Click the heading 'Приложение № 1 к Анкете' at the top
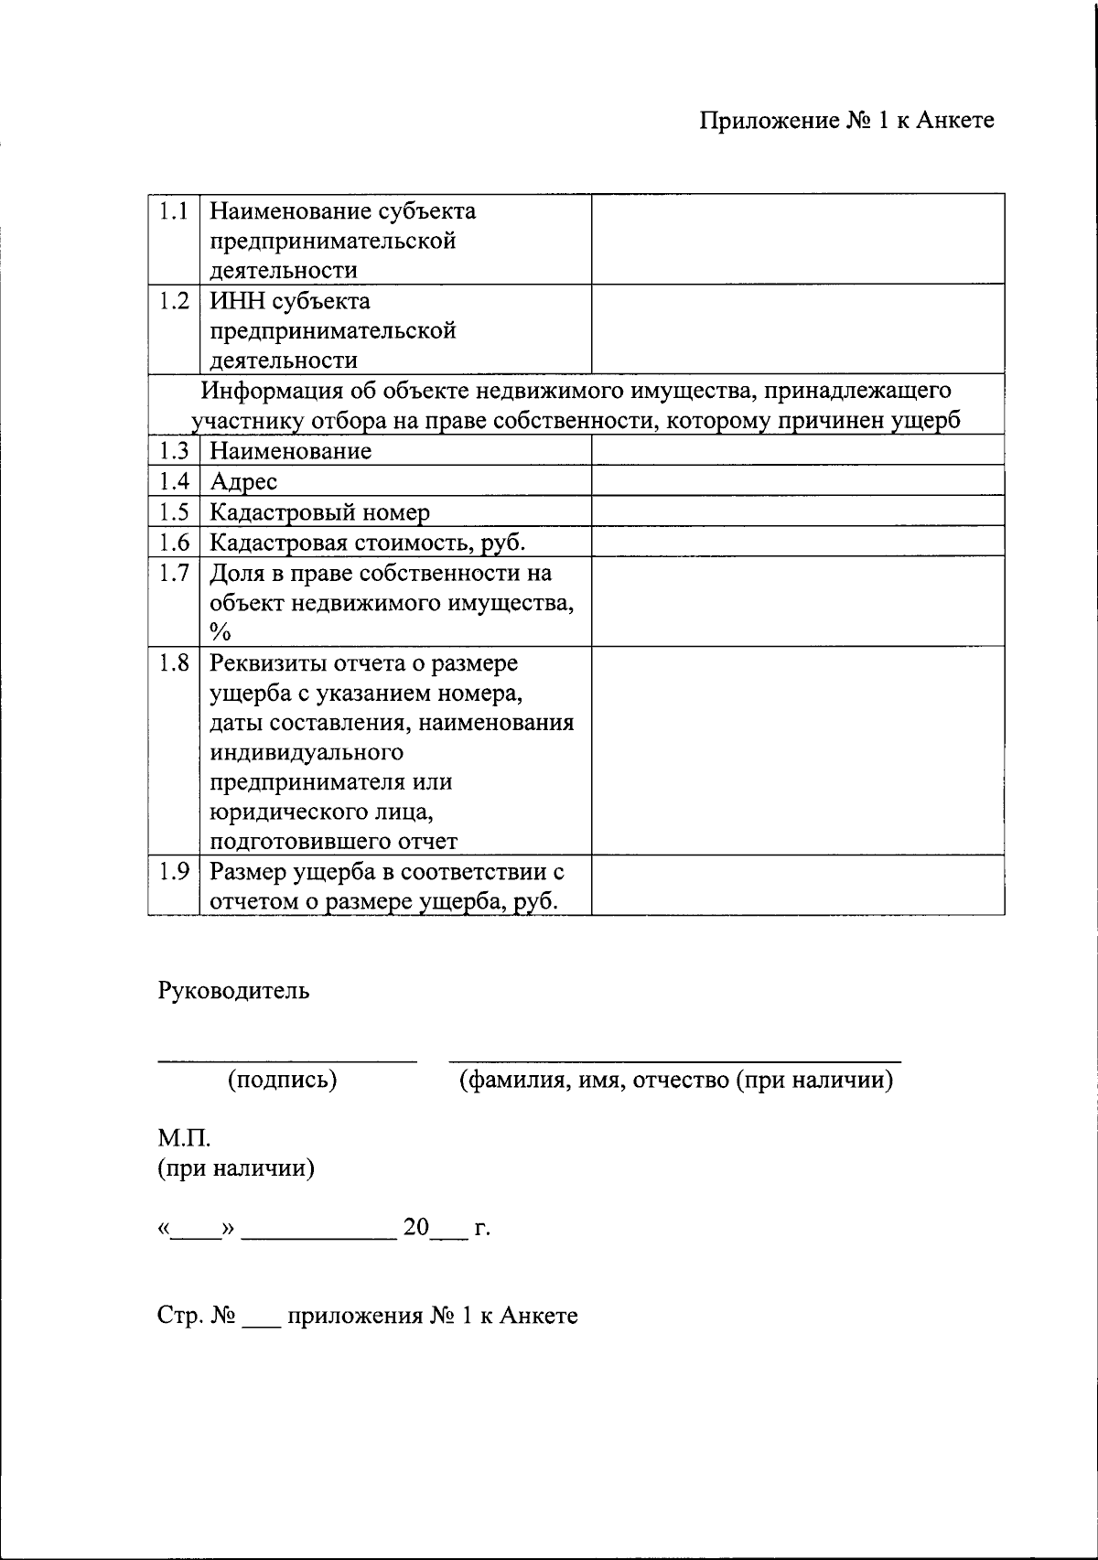tap(846, 121)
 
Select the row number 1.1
tap(173, 211)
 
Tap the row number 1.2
tap(173, 301)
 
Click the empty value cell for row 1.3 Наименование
tap(797, 450)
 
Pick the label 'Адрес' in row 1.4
tap(243, 481)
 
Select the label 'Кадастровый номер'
tap(319, 512)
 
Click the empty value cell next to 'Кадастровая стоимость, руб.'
tap(797, 543)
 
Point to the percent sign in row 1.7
tap(220, 632)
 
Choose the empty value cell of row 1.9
tap(797, 886)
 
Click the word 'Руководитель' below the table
tap(233, 991)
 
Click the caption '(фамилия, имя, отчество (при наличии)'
tap(675, 1081)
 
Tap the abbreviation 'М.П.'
tap(184, 1140)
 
